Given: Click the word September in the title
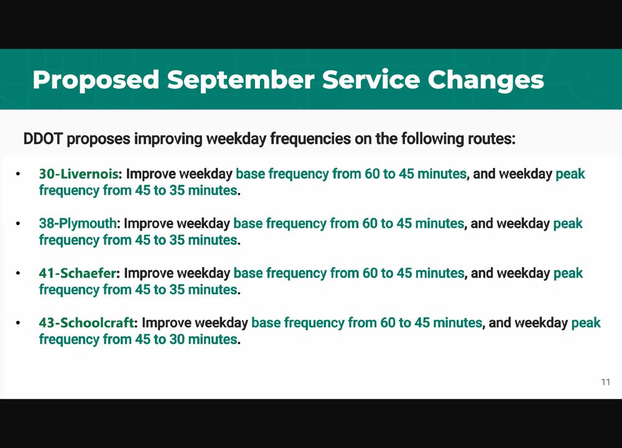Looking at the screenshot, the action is [x=241, y=80].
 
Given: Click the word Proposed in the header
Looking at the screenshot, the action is [x=96, y=80].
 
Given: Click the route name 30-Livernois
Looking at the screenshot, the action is [x=78, y=174].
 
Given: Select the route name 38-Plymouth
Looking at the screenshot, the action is [x=77, y=223].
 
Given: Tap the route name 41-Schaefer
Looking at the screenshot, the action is [x=77, y=273].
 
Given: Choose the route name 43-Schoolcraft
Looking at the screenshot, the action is [x=86, y=322].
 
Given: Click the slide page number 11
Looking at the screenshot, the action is [x=605, y=381].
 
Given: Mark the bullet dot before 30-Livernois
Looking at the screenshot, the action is [x=18, y=174].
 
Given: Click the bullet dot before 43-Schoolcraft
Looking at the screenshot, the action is [x=18, y=322].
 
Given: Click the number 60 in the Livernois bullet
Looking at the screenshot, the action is [x=372, y=174].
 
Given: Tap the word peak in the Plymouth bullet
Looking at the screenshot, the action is [x=568, y=224].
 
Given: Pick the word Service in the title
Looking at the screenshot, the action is [x=371, y=80].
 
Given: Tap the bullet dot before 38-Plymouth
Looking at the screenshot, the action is [x=18, y=223].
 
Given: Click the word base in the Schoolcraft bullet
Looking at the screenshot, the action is [x=266, y=322].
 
